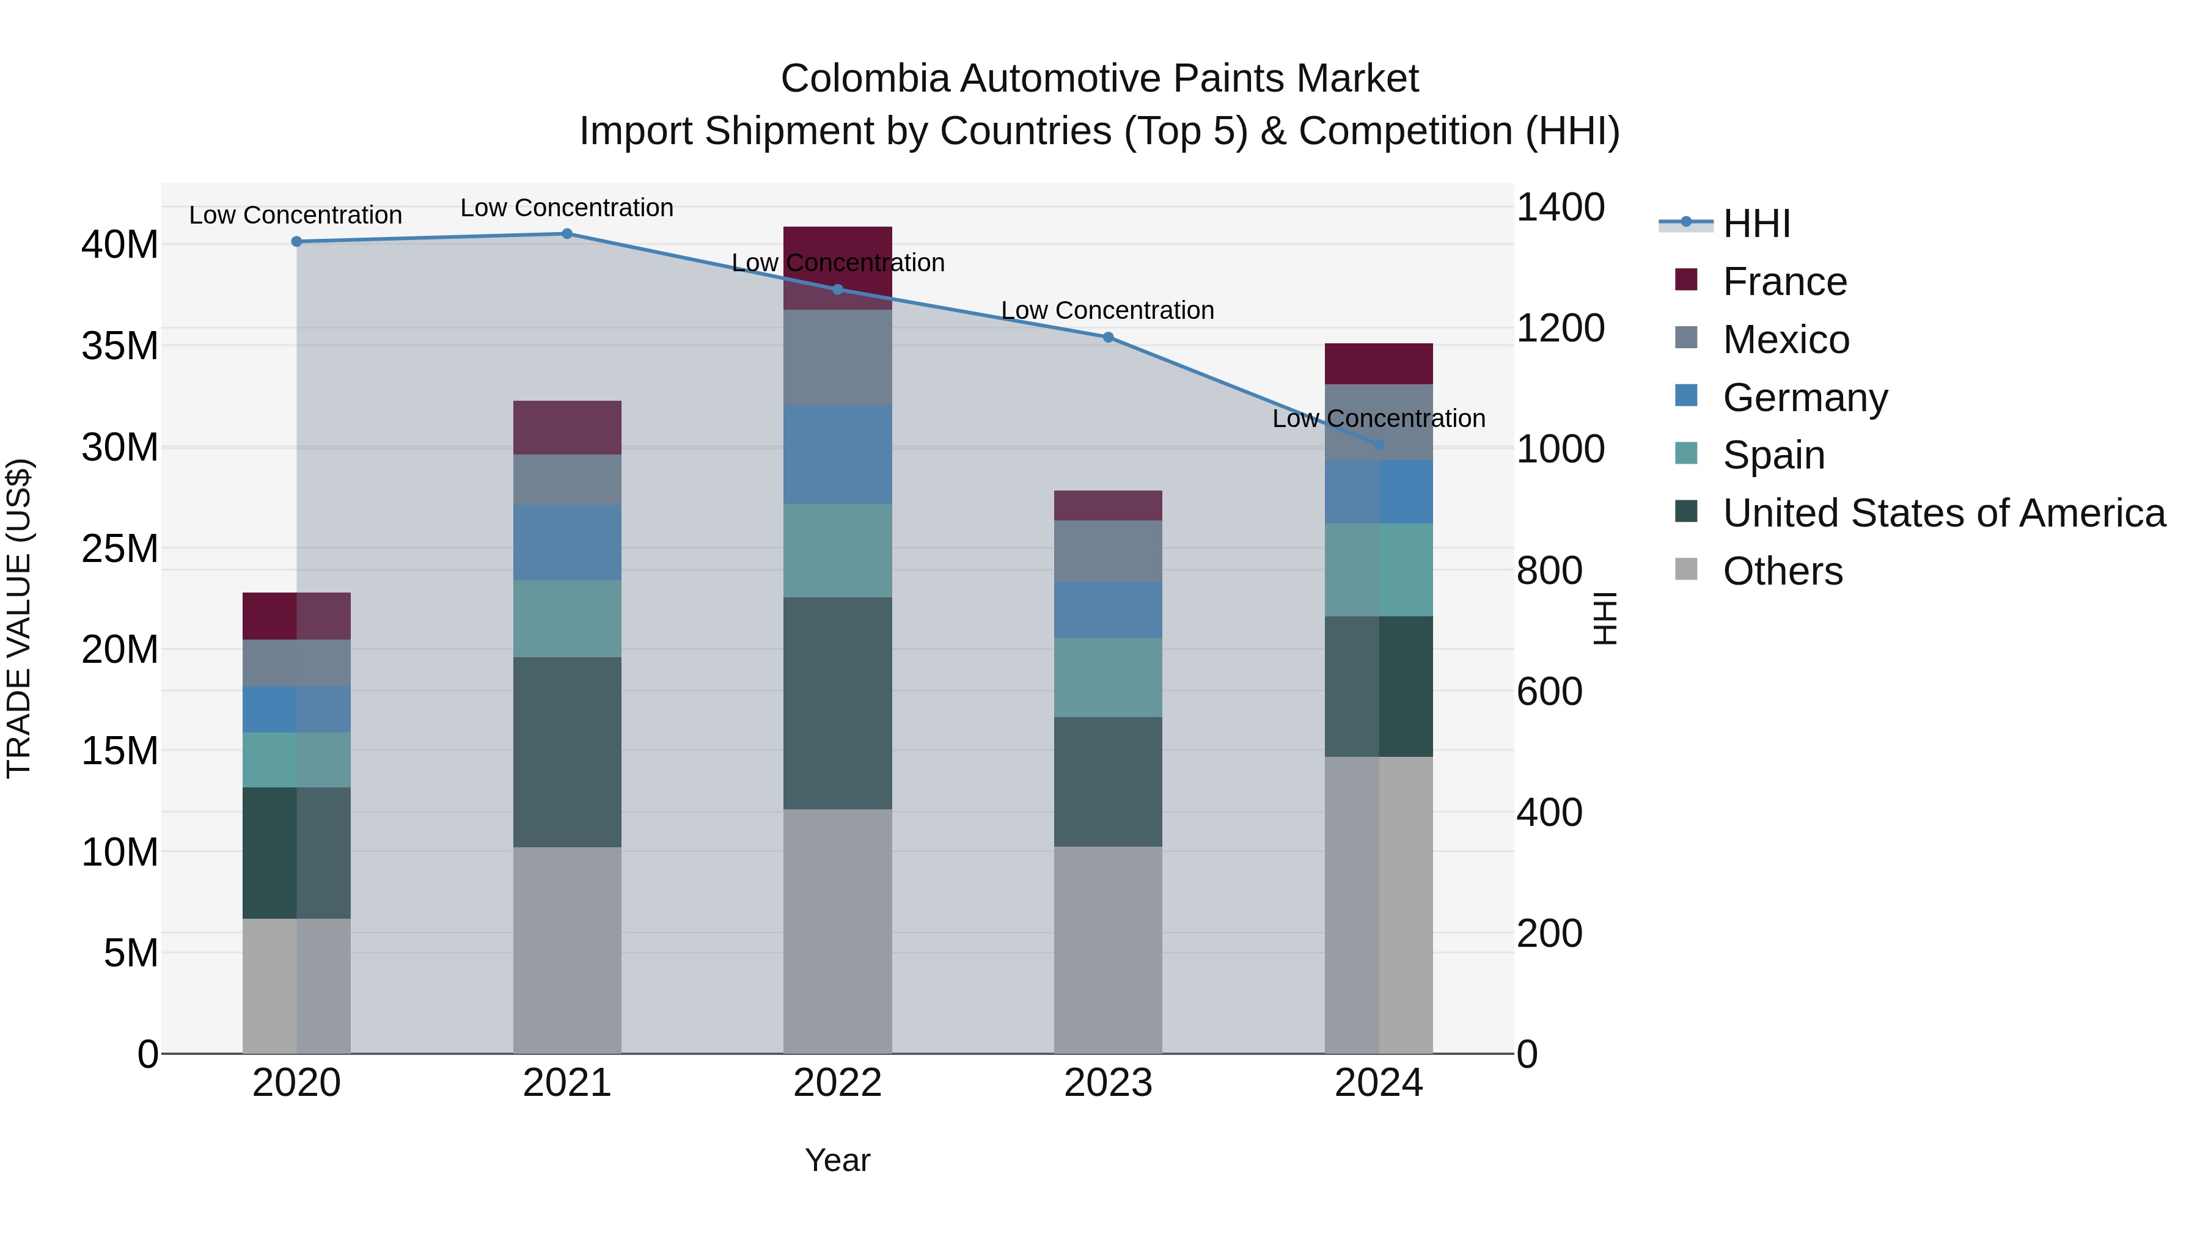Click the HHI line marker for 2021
pos(567,234)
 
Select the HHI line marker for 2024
pos(1379,445)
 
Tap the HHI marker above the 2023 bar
pos(1108,337)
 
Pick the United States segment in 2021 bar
pos(567,751)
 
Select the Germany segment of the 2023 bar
pos(1108,610)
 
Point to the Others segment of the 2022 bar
pos(837,930)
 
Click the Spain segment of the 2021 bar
pos(567,618)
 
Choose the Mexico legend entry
pos(1785,340)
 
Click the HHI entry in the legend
pos(1756,224)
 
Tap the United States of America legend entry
pos(1943,513)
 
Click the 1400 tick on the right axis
pos(1560,208)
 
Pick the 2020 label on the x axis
pos(296,1083)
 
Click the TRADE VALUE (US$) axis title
pos(19,618)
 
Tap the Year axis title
pos(837,1160)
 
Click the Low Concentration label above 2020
pos(296,215)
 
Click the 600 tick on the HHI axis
pos(1549,691)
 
